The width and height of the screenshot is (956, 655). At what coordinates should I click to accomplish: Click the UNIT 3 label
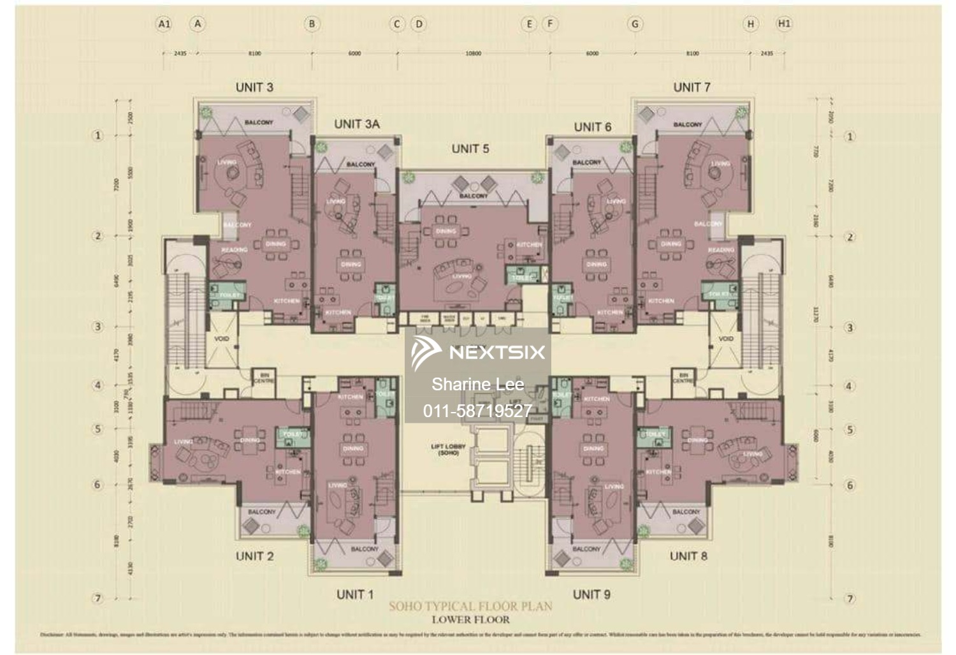pyautogui.click(x=254, y=87)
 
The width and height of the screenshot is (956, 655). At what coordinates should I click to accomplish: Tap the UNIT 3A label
pyautogui.click(x=356, y=124)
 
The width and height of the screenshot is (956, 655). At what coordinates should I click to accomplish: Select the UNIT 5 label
pyautogui.click(x=470, y=149)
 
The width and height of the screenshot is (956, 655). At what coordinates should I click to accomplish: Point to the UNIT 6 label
pyautogui.click(x=592, y=127)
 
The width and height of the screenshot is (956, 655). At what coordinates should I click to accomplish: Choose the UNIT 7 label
pyautogui.click(x=692, y=87)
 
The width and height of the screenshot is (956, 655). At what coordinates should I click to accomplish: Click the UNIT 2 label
pyautogui.click(x=254, y=556)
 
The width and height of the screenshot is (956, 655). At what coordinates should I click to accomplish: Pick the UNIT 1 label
pyautogui.click(x=355, y=594)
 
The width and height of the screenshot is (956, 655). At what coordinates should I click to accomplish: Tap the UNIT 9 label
pyautogui.click(x=591, y=594)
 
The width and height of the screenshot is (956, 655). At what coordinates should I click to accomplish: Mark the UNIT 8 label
pyautogui.click(x=688, y=556)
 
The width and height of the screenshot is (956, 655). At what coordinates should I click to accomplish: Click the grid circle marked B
pyautogui.click(x=312, y=24)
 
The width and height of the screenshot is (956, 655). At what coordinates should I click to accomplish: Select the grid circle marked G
pyautogui.click(x=635, y=24)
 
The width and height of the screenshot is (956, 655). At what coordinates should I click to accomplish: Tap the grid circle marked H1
pyautogui.click(x=784, y=24)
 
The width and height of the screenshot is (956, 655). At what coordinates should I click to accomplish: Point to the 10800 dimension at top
pyautogui.click(x=473, y=54)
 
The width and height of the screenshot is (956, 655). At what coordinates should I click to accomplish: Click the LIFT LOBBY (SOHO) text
pyautogui.click(x=448, y=450)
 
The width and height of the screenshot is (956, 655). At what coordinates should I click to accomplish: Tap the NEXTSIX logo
pyautogui.click(x=478, y=352)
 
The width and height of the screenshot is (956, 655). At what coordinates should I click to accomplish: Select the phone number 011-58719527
pyautogui.click(x=477, y=411)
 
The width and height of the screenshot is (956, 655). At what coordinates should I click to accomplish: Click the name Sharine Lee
pyautogui.click(x=477, y=384)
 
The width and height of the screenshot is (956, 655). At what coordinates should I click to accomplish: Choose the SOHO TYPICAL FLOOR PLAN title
pyautogui.click(x=470, y=606)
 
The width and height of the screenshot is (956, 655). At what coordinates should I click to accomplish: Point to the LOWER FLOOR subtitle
pyautogui.click(x=470, y=619)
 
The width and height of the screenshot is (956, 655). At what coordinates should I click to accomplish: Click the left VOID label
pyautogui.click(x=221, y=339)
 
